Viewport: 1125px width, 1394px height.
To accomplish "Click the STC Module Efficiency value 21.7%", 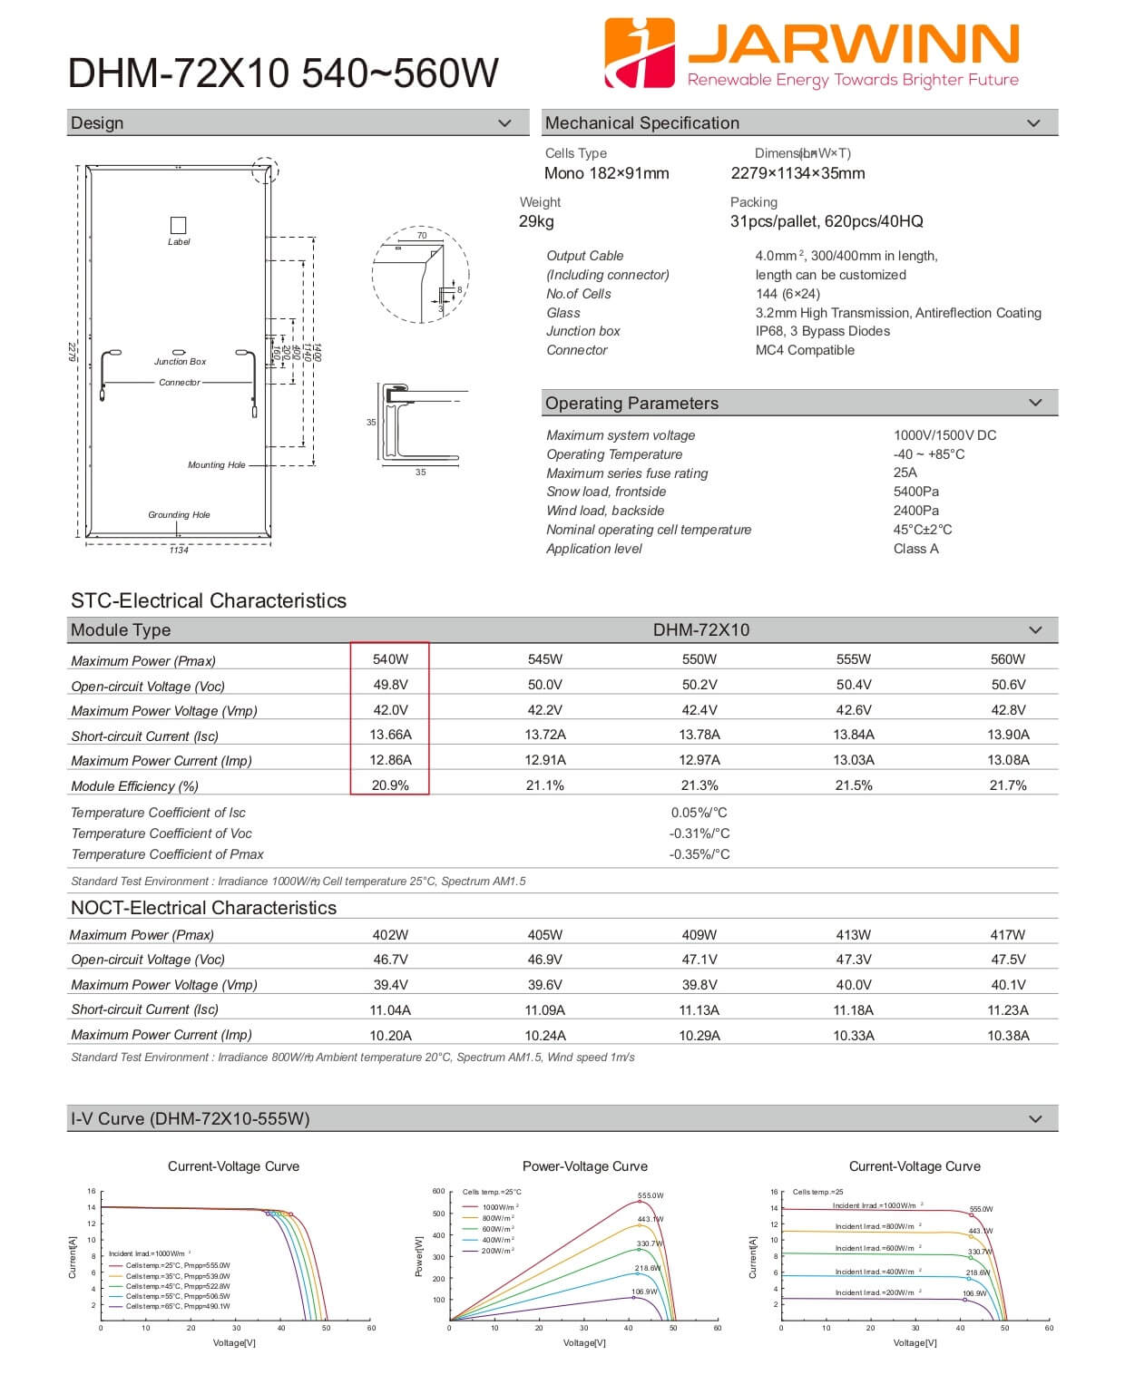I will [1007, 785].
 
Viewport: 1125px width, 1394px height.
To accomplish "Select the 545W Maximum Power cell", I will [544, 659].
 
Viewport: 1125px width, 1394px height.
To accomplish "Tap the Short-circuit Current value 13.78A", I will [699, 735].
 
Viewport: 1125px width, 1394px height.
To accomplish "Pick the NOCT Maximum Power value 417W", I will [1007, 935].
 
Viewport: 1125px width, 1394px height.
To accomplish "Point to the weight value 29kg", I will [536, 221].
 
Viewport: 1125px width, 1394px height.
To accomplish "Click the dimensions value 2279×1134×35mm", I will [797, 173].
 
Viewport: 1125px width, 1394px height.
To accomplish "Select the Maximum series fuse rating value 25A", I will [905, 473].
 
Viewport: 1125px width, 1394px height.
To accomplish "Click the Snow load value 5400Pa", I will [915, 492].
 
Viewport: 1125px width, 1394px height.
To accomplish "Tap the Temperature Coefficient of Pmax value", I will [699, 854].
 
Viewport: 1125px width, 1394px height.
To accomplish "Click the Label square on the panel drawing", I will [179, 225].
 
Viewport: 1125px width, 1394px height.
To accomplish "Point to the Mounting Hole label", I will [216, 465].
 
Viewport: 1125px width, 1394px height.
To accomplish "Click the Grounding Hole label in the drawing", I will [179, 515].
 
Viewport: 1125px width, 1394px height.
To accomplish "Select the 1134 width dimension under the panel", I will [179, 551].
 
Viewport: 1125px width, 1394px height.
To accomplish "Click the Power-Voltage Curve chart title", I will [584, 1166].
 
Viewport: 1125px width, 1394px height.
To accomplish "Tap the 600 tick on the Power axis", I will [438, 1192].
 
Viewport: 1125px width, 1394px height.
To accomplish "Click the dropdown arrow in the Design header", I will [505, 123].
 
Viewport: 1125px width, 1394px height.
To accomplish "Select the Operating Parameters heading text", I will [631, 404].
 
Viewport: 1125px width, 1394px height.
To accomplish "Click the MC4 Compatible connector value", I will [805, 350].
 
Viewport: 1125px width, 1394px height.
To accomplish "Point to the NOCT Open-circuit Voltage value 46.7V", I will [390, 960].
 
